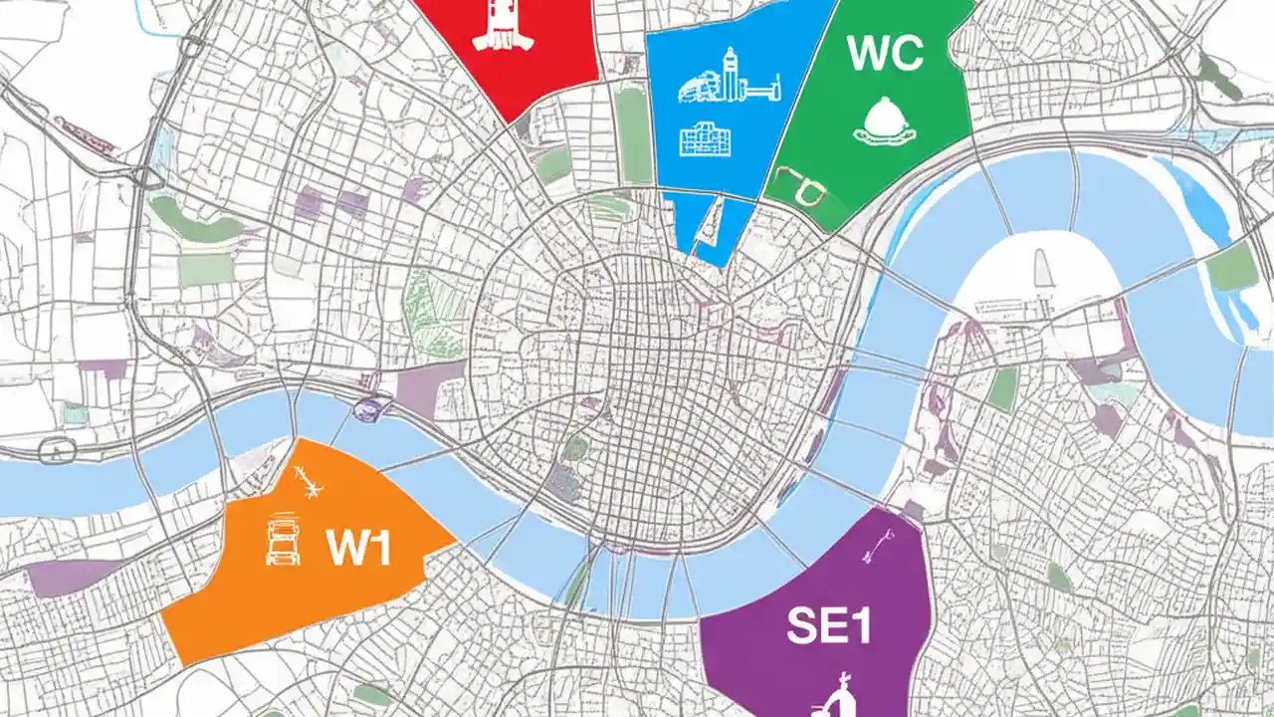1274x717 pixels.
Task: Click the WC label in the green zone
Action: pos(885,55)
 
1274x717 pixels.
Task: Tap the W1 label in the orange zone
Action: pos(358,549)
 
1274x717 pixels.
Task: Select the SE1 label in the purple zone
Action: pos(829,626)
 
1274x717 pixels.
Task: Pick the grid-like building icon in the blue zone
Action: pos(706,139)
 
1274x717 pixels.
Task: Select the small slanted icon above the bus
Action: pos(311,484)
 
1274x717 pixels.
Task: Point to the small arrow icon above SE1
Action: pos(880,542)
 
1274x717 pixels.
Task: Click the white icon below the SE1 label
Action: pos(842,693)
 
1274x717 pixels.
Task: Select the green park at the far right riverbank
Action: pos(1231,266)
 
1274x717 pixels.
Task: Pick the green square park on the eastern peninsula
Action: pos(1003,388)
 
